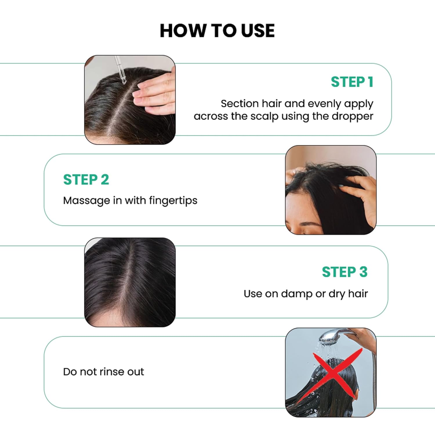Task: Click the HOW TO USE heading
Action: (217, 31)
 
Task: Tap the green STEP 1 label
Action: (352, 82)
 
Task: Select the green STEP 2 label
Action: (86, 180)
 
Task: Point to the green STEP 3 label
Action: (345, 272)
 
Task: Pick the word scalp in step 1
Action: (264, 117)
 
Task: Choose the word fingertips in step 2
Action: (173, 201)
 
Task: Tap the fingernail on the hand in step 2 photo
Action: (340, 185)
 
